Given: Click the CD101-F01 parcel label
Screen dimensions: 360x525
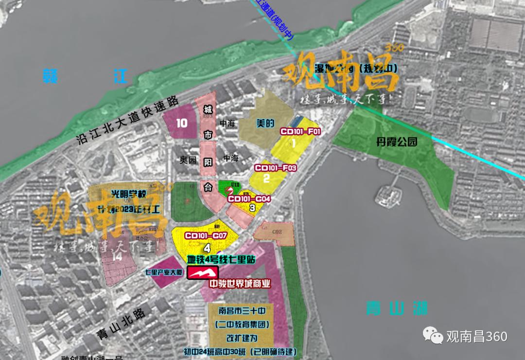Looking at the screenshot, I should pyautogui.click(x=300, y=131).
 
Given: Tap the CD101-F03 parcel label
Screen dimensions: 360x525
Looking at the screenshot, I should pyautogui.click(x=276, y=168).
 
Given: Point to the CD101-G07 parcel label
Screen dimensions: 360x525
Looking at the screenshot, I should pyautogui.click(x=206, y=235).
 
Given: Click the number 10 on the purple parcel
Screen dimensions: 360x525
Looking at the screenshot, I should pyautogui.click(x=182, y=123).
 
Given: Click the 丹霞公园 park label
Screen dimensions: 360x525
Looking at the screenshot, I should pyautogui.click(x=397, y=143).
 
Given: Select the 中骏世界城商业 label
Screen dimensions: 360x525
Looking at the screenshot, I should pyautogui.click(x=240, y=284).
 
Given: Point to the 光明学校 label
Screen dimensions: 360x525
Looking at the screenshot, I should pyautogui.click(x=115, y=194).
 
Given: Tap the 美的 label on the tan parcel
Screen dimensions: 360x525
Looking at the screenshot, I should pyautogui.click(x=266, y=124).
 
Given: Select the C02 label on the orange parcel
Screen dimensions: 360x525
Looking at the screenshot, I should pyautogui.click(x=277, y=232).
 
